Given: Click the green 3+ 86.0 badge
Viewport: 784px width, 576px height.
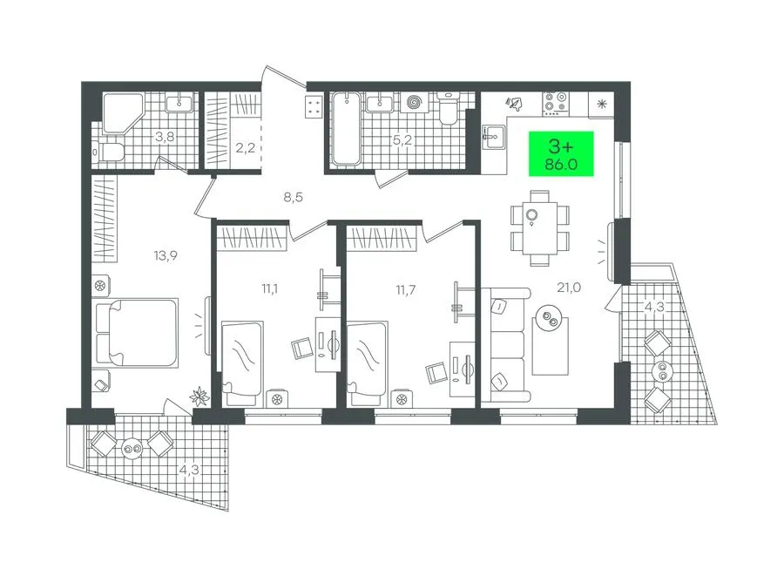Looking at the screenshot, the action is [561, 154].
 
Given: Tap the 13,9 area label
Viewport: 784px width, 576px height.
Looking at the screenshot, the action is [166, 256].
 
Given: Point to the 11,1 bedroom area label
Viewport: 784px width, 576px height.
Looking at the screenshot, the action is [269, 288].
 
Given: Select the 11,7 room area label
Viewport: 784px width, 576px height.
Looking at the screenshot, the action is [405, 290].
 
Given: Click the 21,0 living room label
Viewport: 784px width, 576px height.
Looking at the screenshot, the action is [569, 288].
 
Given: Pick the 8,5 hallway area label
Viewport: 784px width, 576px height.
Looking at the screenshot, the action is [294, 197].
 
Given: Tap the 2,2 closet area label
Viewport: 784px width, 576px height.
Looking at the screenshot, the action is [245, 148].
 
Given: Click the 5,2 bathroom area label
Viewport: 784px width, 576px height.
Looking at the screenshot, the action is [402, 140].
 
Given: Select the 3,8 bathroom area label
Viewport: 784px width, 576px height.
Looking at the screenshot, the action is [165, 137].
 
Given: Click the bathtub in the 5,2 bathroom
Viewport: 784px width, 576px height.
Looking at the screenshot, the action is [346, 128].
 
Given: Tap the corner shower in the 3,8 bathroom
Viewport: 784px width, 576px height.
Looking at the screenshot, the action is [123, 113].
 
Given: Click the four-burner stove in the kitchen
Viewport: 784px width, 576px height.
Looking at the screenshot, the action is [556, 101].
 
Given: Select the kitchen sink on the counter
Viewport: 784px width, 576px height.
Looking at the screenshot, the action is [495, 137].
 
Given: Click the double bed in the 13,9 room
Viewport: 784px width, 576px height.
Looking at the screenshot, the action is [136, 333].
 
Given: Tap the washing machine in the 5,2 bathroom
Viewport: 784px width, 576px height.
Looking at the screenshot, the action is [415, 103].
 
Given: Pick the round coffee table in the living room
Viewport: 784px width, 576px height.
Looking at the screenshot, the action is [549, 318].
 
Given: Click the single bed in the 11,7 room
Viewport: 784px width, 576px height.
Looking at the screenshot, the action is [368, 363].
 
